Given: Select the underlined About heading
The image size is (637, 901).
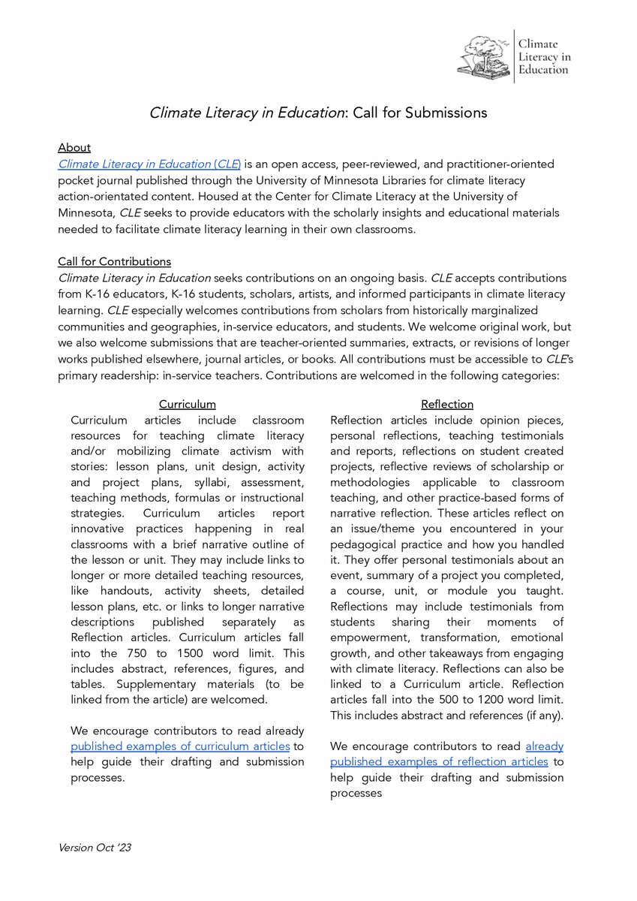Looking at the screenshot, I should click(74, 148).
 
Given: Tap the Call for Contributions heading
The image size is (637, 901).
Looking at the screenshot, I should click(114, 261).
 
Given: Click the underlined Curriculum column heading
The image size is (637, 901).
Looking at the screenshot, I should click(187, 404).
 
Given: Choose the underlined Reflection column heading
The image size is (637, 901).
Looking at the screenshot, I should click(447, 404).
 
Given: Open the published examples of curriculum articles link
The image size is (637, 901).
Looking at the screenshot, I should click(180, 746).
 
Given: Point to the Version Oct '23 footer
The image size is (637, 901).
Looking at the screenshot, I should click(95, 848).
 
